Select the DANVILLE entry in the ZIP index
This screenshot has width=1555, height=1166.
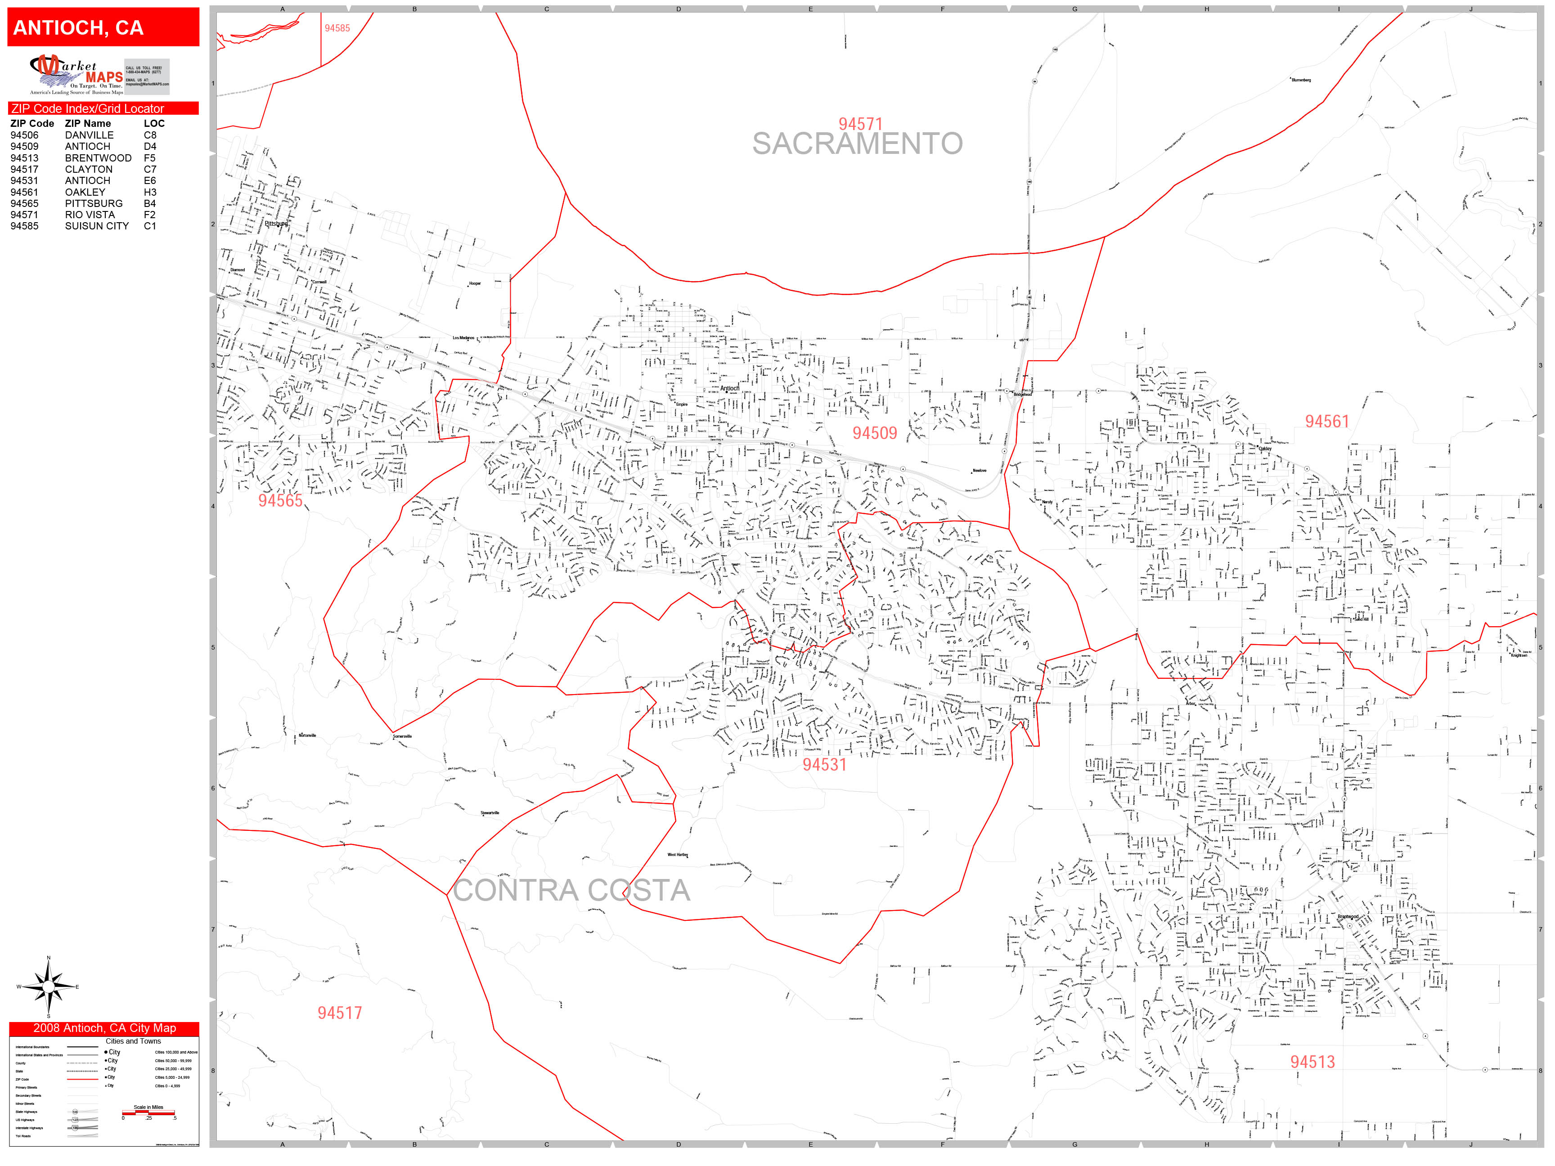click(89, 135)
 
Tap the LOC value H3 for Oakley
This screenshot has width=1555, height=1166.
click(150, 192)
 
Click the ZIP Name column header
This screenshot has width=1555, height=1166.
click(88, 123)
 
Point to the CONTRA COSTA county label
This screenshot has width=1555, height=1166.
click(571, 891)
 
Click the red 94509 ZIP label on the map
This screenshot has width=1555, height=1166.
click(875, 433)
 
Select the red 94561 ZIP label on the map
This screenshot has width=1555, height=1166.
click(1326, 421)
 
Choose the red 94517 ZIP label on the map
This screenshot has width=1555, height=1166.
click(340, 1013)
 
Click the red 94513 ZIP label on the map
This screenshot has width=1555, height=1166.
click(1312, 1062)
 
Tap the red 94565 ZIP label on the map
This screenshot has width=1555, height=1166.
click(280, 500)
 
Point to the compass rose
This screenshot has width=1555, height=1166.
click(48, 987)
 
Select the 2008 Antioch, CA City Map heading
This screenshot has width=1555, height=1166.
click(104, 1027)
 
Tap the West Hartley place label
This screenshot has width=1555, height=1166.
click(677, 855)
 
